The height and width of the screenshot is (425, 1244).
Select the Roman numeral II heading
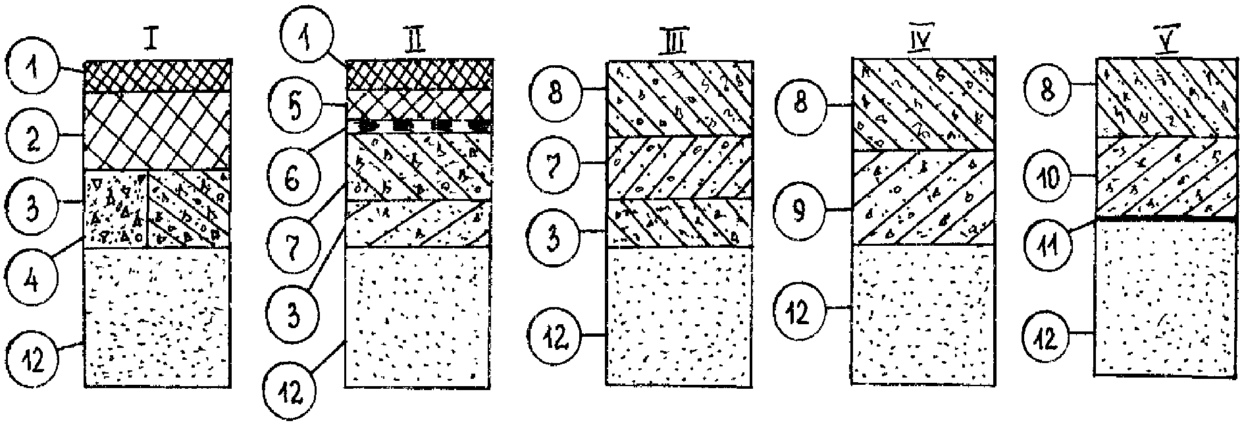pos(415,41)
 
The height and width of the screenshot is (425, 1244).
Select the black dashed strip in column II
pos(419,125)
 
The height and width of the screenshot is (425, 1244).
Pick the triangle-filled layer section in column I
pos(116,209)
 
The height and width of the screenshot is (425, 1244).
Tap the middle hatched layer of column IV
pos(923,198)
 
